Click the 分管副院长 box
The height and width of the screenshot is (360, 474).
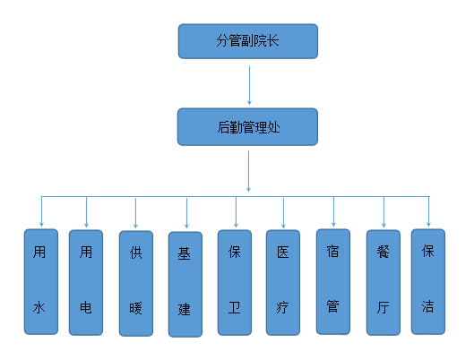click(248, 41)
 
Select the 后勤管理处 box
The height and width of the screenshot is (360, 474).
click(247, 127)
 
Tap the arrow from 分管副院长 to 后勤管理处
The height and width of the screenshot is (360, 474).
click(249, 85)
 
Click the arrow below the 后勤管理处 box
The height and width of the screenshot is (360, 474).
click(248, 171)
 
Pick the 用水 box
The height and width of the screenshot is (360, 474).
click(41, 282)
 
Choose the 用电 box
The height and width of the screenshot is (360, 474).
click(86, 283)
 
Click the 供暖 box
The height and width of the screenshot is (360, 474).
click(136, 284)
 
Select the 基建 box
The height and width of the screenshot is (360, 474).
click(185, 285)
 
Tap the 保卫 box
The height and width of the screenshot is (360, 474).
click(235, 283)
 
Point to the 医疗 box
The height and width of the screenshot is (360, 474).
click(283, 283)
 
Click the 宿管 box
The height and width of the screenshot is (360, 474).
click(333, 282)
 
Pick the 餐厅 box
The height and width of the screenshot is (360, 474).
click(384, 283)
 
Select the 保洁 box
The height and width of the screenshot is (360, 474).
click(428, 282)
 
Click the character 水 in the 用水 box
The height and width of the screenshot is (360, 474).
click(39, 308)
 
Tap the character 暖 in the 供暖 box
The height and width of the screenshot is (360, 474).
click(135, 308)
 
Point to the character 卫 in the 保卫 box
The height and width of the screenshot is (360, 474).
click(234, 308)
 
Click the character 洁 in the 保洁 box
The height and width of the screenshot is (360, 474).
click(427, 306)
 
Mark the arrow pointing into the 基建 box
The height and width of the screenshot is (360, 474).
click(186, 213)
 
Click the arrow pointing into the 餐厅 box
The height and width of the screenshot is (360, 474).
click(384, 212)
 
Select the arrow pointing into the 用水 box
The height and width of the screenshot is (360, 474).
click(41, 211)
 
